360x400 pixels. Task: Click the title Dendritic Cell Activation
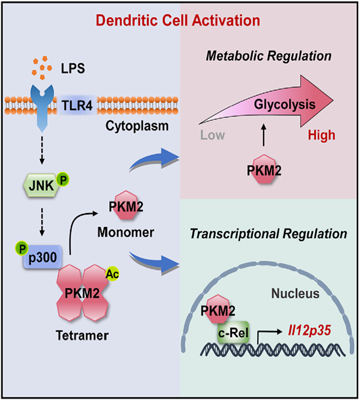click(178, 20)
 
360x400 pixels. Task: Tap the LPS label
click(73, 68)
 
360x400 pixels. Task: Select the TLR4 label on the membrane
click(77, 106)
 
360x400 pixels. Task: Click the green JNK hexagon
click(40, 185)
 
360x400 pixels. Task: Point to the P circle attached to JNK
click(63, 180)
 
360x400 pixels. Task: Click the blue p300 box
click(43, 257)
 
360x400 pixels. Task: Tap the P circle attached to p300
click(22, 249)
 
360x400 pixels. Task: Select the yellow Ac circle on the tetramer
click(112, 274)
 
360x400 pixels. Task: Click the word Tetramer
click(82, 335)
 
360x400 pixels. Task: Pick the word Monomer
click(126, 232)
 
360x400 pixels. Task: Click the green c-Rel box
click(233, 332)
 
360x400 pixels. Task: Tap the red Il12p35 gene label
click(310, 330)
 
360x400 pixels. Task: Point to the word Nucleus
click(295, 293)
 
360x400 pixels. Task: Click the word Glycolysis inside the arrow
click(285, 105)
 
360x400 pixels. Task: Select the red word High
click(321, 135)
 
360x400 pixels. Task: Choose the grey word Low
click(212, 135)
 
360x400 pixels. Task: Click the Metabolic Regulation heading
click(269, 56)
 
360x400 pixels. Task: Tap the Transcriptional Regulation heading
click(268, 233)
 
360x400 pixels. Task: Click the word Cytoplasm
click(137, 126)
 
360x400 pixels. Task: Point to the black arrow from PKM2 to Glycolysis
click(264, 135)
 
